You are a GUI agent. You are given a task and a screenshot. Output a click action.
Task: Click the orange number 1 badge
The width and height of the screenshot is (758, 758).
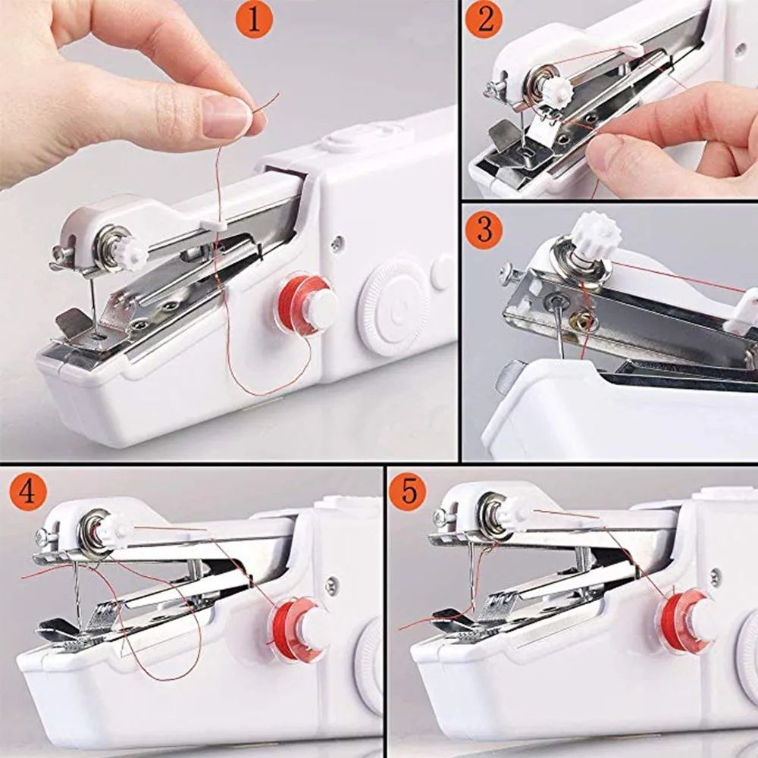(255, 20)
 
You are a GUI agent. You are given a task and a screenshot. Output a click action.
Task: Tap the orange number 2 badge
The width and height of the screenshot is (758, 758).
(484, 20)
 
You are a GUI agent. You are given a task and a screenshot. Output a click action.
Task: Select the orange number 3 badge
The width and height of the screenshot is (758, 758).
(484, 230)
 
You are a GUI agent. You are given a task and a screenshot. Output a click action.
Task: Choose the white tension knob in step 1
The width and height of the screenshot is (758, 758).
(133, 253)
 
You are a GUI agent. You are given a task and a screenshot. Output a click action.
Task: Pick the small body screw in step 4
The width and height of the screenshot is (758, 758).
(330, 583)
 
